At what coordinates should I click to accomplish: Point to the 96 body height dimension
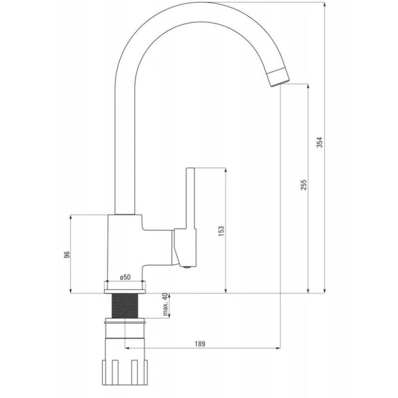click(66, 254)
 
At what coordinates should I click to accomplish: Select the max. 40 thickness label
click(165, 304)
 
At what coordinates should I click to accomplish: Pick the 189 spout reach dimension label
click(199, 343)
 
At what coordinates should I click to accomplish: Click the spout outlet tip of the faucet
click(279, 78)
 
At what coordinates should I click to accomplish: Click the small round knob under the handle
click(187, 268)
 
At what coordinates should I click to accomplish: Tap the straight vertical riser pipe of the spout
click(124, 149)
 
